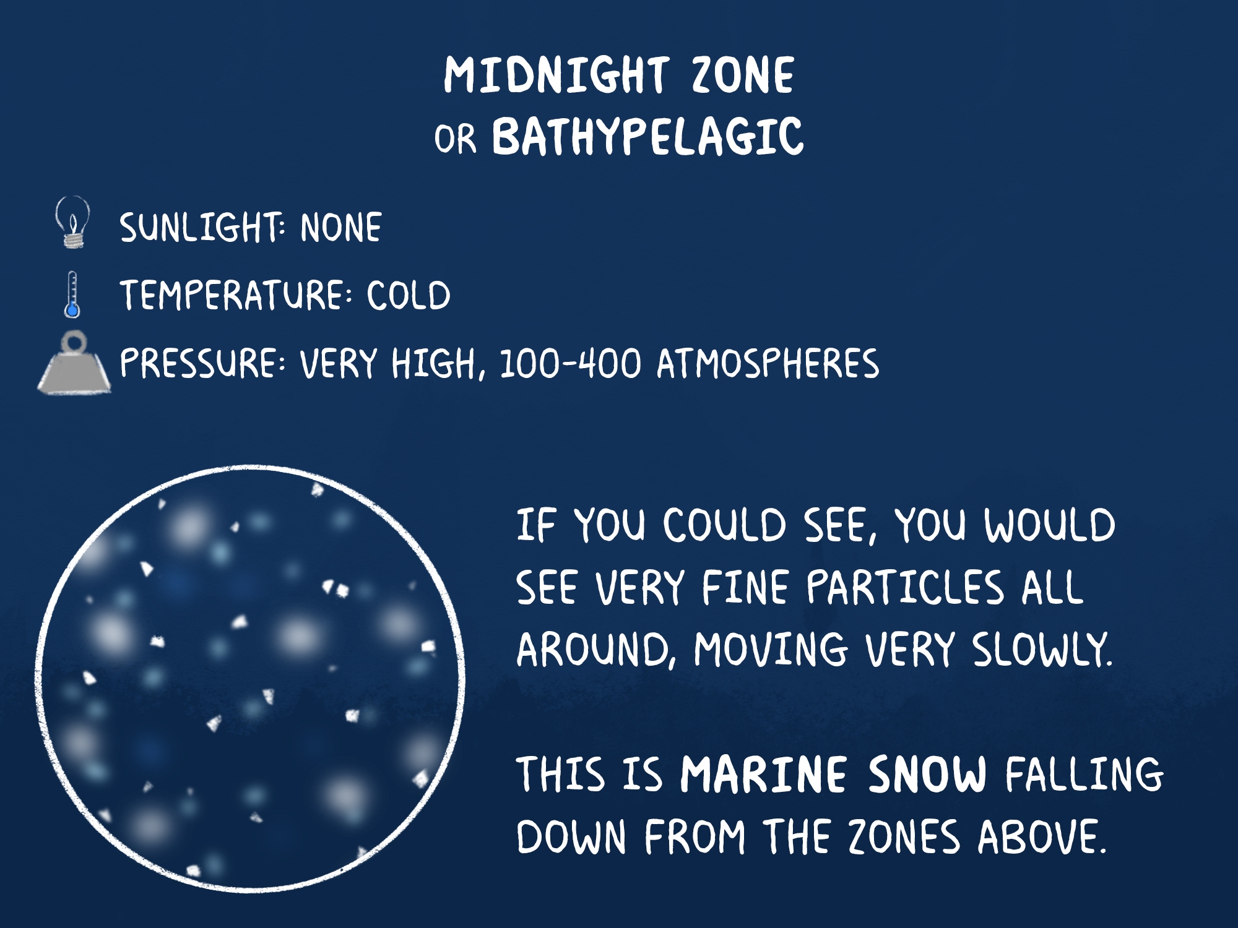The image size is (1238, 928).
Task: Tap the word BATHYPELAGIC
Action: click(x=647, y=136)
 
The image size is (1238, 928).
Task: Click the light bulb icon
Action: click(x=72, y=222)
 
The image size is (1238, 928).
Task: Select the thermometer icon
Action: click(x=72, y=294)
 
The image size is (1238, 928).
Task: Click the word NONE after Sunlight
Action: click(x=341, y=227)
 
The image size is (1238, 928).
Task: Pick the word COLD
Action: click(x=409, y=295)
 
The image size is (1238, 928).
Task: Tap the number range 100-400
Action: click(x=570, y=363)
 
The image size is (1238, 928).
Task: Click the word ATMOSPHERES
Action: click(x=768, y=363)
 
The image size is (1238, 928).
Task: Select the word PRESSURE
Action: click(x=202, y=363)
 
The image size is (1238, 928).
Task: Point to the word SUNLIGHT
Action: click(x=202, y=227)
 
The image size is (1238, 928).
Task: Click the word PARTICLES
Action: click(x=905, y=587)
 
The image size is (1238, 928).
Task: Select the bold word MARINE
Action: click(x=763, y=774)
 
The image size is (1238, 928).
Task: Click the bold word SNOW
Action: click(x=927, y=774)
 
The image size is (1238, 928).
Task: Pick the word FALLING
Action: click(x=1084, y=774)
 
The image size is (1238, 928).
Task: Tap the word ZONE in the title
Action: click(x=743, y=75)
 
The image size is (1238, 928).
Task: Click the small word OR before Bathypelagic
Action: click(x=456, y=139)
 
